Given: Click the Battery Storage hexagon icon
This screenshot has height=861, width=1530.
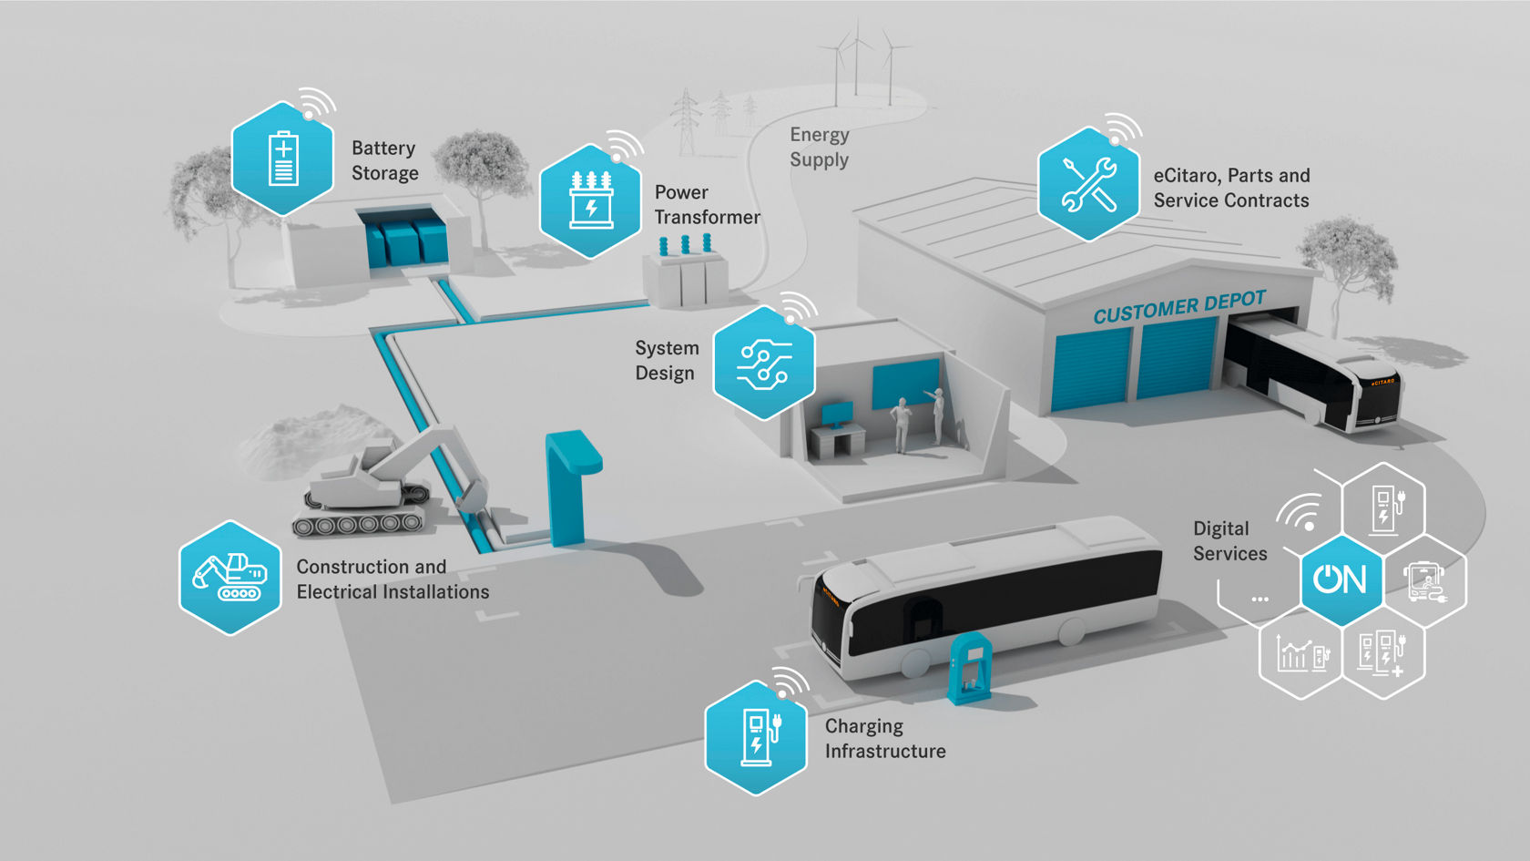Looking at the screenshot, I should [x=282, y=159].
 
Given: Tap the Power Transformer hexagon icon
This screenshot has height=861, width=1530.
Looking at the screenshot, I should [x=590, y=200].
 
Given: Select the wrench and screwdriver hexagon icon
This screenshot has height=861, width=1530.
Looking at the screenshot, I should [x=1088, y=184].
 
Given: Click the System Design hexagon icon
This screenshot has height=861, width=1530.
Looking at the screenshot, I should [x=763, y=363].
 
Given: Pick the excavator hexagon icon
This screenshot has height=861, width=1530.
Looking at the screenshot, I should [x=229, y=578].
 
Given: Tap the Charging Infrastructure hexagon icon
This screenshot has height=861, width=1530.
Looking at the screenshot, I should [x=756, y=737].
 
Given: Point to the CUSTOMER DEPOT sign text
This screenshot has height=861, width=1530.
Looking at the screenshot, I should [x=1179, y=308].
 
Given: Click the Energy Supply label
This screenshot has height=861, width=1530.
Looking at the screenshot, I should [x=820, y=148].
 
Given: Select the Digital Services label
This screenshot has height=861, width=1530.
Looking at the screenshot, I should [x=1229, y=541].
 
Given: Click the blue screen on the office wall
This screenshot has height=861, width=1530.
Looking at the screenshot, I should [x=905, y=383].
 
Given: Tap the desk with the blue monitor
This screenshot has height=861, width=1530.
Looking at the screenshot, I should [x=836, y=434].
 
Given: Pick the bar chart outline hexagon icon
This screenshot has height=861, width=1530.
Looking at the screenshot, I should [x=1300, y=652].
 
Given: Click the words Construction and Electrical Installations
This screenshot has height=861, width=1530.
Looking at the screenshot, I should [x=393, y=579].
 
